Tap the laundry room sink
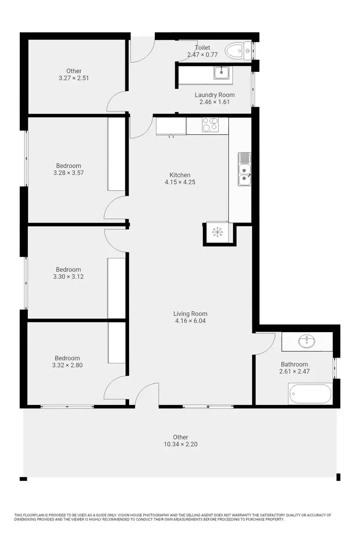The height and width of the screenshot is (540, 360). coord(221,73)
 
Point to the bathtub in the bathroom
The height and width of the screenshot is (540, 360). coord(310,394)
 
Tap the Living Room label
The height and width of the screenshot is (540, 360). coord(191,314)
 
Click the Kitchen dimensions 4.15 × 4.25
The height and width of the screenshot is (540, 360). coord(180,182)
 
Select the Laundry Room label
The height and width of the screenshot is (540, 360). coord(215,95)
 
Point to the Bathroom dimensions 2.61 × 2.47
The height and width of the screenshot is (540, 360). coord(294,371)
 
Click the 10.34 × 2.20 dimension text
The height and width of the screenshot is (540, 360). coord(180,444)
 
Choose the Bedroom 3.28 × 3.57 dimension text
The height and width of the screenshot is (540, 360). coord(69,173)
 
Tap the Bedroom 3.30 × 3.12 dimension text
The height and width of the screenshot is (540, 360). coord(68,276)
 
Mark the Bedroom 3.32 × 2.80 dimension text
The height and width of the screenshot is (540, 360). coord(67,365)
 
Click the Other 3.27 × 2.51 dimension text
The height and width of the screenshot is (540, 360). coord(73,78)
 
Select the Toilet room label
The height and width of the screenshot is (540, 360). coord(203,48)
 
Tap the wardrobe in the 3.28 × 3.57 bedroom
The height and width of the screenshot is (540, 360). coord(116,154)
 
